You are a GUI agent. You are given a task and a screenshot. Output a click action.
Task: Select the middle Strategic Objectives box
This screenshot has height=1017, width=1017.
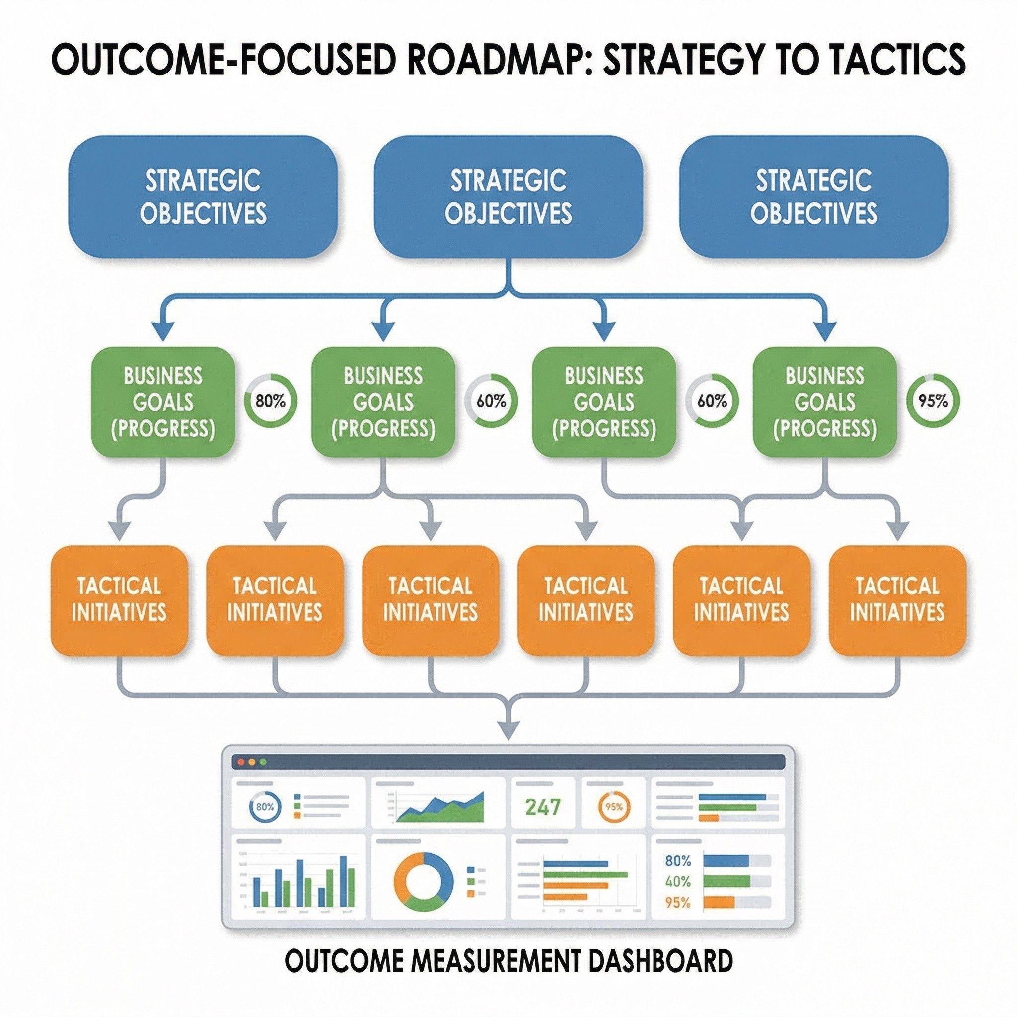pyautogui.click(x=508, y=196)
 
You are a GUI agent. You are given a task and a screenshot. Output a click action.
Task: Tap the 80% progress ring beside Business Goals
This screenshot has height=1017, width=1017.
pyautogui.click(x=271, y=401)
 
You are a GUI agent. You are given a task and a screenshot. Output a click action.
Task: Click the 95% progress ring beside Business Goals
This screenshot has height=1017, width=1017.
pyautogui.click(x=933, y=401)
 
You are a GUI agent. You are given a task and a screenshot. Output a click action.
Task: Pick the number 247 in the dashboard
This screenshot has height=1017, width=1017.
pyautogui.click(x=543, y=807)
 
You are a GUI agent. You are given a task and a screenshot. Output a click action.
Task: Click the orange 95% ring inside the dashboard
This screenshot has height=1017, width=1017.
pyautogui.click(x=614, y=807)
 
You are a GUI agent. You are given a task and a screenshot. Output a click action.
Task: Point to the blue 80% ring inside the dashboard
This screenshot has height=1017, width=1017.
pyautogui.click(x=264, y=807)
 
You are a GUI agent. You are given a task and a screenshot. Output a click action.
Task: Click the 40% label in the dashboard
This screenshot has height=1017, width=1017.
pyautogui.click(x=677, y=881)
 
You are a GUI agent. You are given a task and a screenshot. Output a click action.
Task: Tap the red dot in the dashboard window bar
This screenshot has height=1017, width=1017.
pyautogui.click(x=242, y=762)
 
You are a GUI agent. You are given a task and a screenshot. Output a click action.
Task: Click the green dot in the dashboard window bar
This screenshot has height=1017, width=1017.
pyautogui.click(x=263, y=762)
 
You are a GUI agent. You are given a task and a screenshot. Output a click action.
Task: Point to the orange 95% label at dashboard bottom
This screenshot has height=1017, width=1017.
pyautogui.click(x=677, y=902)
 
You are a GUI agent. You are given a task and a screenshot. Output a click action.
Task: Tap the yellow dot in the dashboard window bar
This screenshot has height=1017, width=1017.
pyautogui.click(x=252, y=762)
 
